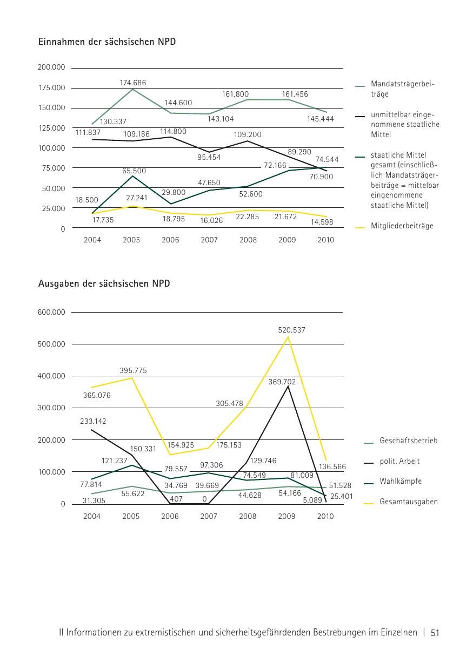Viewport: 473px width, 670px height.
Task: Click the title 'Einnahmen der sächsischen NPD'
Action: click(107, 41)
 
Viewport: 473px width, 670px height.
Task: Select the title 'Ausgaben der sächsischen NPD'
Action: click(104, 283)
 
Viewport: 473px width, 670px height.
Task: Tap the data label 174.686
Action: click(132, 83)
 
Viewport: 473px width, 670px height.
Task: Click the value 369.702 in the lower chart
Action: click(282, 381)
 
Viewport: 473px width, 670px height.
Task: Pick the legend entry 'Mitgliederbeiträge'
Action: click(402, 226)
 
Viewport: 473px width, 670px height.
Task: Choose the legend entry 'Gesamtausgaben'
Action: click(408, 502)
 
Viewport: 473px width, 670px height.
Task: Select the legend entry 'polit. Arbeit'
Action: click(399, 461)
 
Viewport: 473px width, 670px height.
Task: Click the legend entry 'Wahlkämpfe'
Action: click(401, 480)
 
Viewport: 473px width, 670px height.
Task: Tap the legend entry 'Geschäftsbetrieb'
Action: click(408, 441)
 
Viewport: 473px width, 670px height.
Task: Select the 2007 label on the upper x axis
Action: click(209, 240)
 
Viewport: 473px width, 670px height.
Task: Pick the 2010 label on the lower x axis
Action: click(325, 516)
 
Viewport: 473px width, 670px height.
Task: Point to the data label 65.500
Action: click(134, 171)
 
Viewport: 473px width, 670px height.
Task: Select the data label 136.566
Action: click(332, 466)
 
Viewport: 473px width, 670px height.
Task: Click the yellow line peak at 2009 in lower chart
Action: click(287, 337)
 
